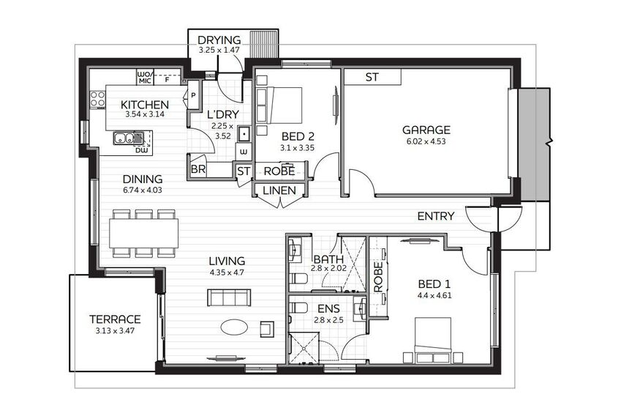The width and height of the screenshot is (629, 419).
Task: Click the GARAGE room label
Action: [426, 130]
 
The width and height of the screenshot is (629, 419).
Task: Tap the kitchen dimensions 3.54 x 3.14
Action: [145, 114]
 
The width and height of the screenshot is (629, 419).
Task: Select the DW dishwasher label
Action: [141, 150]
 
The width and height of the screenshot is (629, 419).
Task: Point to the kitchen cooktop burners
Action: [97, 99]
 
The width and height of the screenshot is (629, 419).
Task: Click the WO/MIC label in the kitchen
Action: [145, 78]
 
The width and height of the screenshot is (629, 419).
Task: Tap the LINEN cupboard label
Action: [279, 190]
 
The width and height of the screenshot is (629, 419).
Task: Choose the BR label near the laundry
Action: [198, 169]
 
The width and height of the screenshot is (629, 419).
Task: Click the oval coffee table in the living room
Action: [234, 327]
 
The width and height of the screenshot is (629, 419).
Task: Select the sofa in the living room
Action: [229, 297]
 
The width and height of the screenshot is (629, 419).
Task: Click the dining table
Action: [144, 233]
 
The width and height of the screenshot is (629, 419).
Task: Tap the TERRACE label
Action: [115, 319]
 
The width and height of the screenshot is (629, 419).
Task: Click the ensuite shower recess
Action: [304, 348]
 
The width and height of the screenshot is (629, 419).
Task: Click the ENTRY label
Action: [436, 216]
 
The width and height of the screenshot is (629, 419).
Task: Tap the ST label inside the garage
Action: [372, 77]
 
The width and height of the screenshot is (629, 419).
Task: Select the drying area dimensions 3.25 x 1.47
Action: [219, 51]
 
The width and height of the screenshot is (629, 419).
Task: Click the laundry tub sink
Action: [244, 134]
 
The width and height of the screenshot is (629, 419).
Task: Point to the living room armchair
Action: [267, 329]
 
